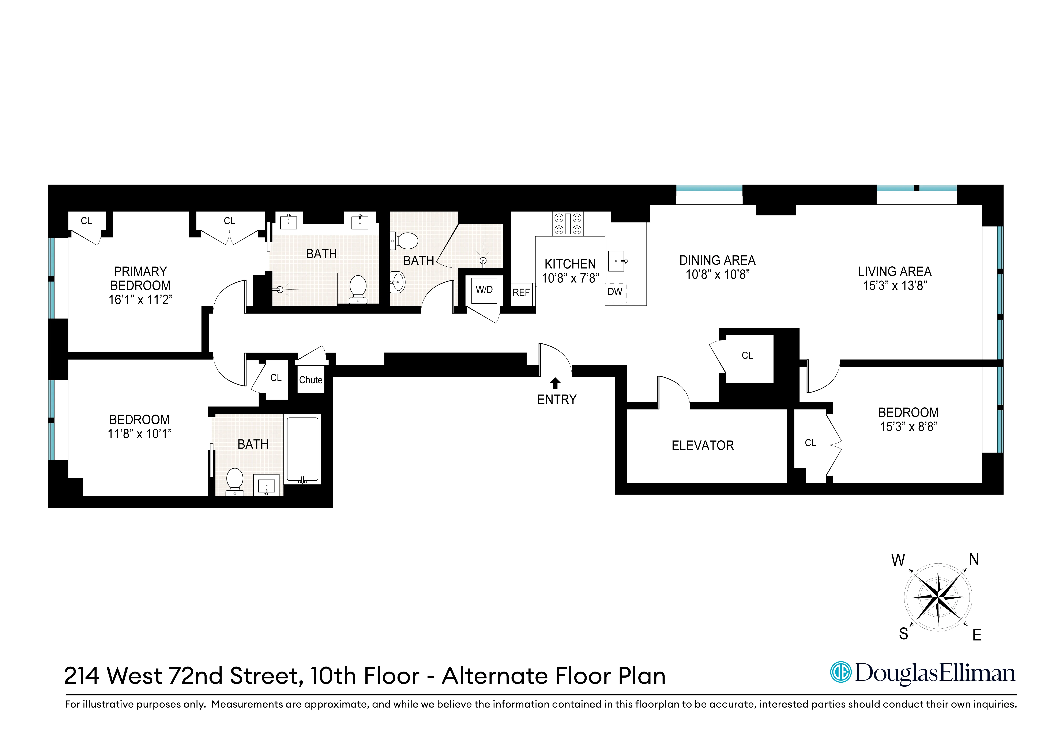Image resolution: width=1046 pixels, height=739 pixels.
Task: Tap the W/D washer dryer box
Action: tap(484, 290)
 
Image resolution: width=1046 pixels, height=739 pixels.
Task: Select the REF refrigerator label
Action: tap(521, 292)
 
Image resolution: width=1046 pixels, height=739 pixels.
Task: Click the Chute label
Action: tap(311, 380)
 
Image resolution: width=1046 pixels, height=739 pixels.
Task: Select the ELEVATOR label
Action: tap(703, 445)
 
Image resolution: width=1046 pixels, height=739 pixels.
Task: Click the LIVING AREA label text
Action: tap(894, 271)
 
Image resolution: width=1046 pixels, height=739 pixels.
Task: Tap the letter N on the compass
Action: tap(974, 559)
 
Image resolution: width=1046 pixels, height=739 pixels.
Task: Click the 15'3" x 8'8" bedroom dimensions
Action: tap(908, 427)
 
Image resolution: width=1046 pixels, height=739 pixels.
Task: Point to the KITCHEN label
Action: tap(570, 264)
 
